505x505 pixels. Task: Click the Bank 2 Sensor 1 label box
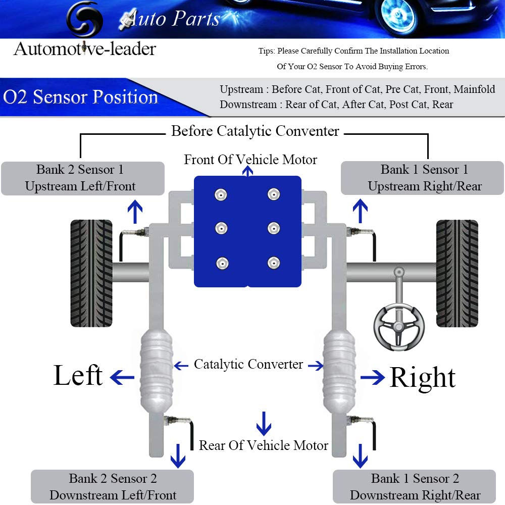tap(82, 178)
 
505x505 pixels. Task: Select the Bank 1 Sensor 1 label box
tap(422, 178)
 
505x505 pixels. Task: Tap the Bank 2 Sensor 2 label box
tap(113, 487)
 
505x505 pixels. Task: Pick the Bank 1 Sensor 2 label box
tap(414, 487)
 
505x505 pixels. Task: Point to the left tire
tap(91, 273)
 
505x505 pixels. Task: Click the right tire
tap(457, 273)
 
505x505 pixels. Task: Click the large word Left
tap(78, 376)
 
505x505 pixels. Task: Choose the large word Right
tap(422, 378)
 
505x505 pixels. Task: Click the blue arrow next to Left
tap(122, 377)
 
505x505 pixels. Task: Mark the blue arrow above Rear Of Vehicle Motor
tap(264, 423)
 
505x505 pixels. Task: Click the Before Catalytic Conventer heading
tap(255, 131)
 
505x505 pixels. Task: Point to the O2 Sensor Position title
tap(81, 97)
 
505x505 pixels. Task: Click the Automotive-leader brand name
tap(85, 49)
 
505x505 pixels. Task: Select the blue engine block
tap(247, 231)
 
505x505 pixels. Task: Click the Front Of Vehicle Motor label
tap(250, 160)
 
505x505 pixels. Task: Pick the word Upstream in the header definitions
tap(241, 90)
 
